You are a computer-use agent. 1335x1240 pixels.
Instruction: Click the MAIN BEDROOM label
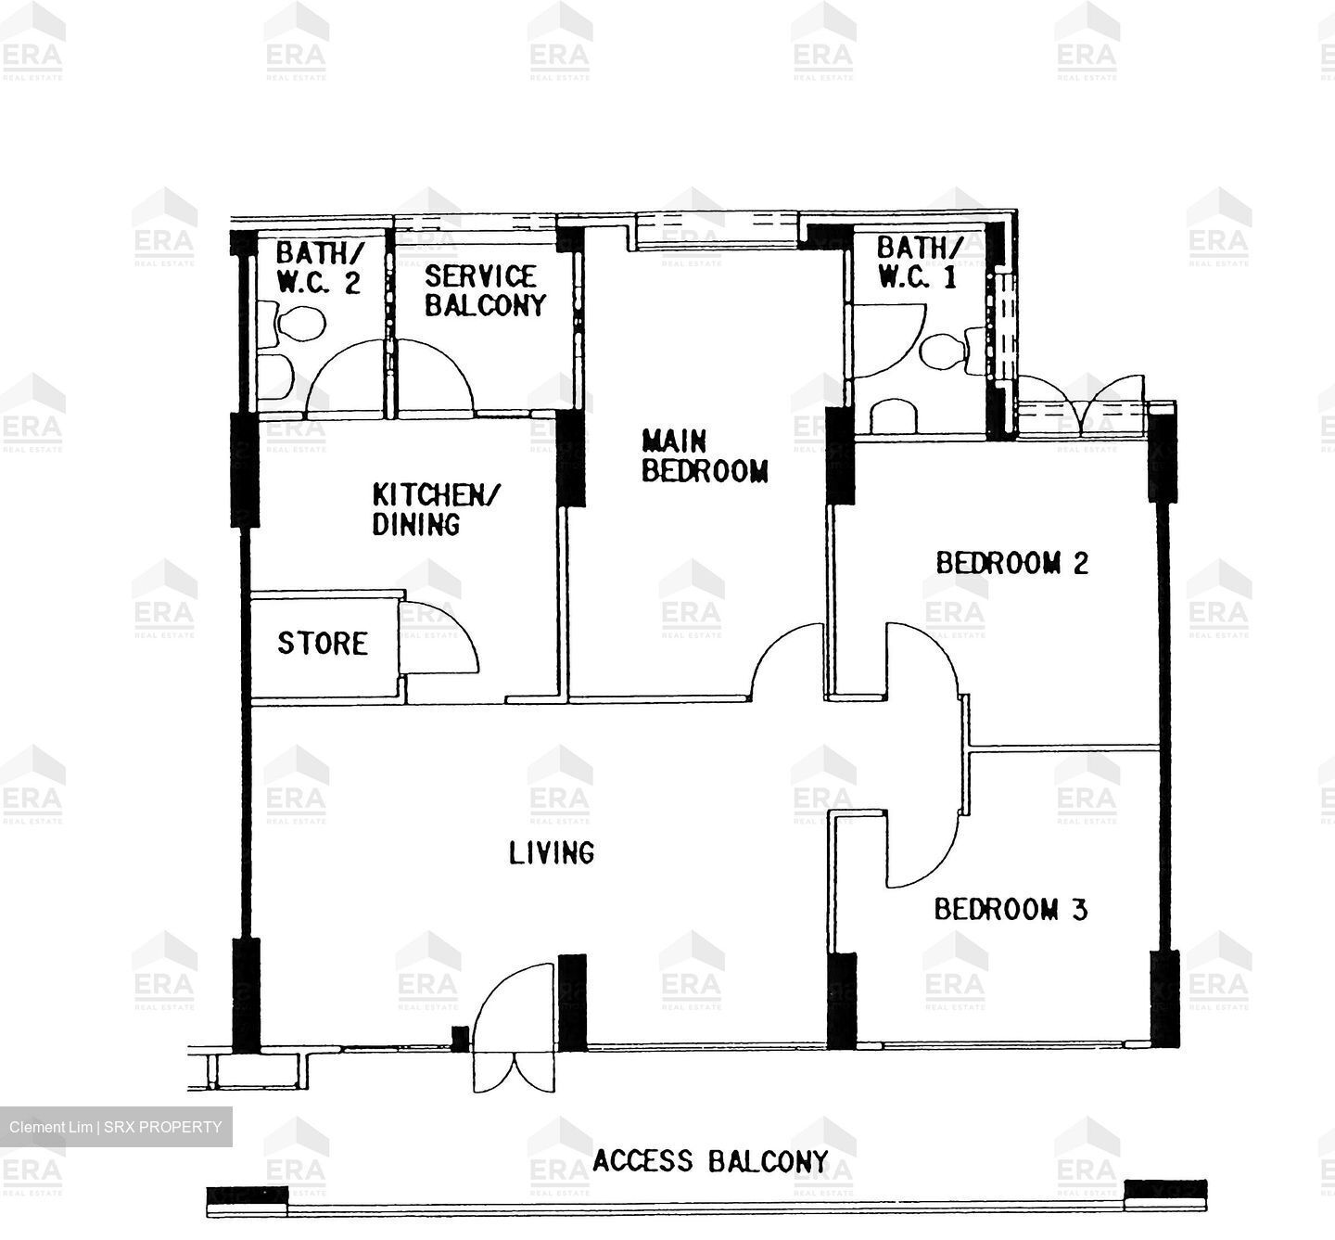click(706, 455)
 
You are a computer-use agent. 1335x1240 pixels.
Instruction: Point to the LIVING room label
click(552, 852)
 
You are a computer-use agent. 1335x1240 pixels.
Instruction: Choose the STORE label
click(323, 643)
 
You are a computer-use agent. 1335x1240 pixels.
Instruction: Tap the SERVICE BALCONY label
click(484, 290)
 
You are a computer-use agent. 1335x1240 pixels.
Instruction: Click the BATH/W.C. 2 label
click(319, 267)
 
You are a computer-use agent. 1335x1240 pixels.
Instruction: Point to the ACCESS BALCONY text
click(710, 1160)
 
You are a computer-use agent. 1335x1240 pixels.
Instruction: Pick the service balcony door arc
click(436, 376)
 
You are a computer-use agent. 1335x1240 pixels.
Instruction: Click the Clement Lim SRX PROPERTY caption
click(116, 1127)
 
